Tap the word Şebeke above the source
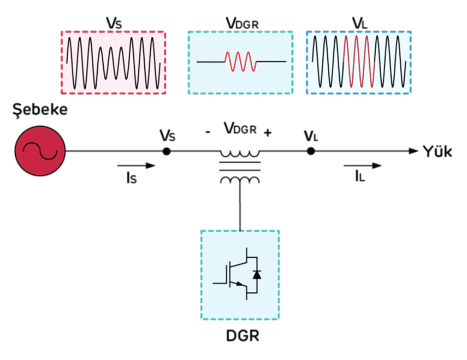[40, 110]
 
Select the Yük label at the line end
[437, 152]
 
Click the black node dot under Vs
[167, 151]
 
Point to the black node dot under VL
[311, 151]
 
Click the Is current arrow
[136, 166]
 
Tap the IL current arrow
[363, 166]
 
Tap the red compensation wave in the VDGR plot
[240, 62]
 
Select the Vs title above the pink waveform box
[114, 23]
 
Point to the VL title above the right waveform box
[359, 23]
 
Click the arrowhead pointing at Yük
[413, 151]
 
